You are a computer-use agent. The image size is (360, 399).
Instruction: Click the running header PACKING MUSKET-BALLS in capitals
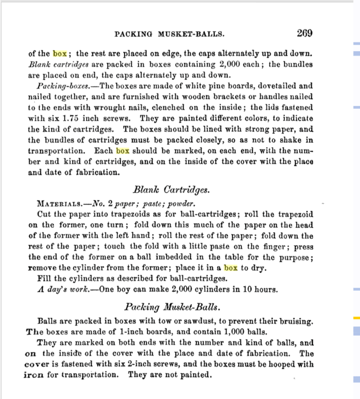coord(169,34)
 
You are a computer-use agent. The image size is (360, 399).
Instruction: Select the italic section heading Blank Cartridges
coord(171,190)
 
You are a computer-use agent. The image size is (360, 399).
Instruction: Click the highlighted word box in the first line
coord(60,53)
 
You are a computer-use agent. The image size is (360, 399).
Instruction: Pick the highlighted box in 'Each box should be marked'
coord(123,151)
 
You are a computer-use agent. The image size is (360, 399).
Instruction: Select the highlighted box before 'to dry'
coord(230,268)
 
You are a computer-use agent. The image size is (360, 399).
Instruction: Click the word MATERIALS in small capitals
coord(57,204)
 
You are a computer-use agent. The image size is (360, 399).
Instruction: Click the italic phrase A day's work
coord(64,289)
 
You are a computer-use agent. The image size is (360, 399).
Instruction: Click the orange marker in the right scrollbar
coord(356,318)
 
